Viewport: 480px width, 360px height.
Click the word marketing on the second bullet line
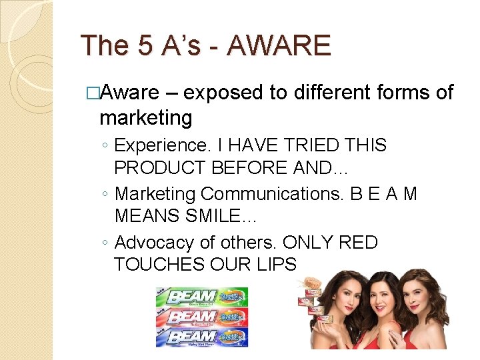(x=145, y=118)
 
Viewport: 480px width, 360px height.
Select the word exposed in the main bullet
(x=223, y=93)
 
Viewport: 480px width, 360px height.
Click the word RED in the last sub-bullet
(x=359, y=243)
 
